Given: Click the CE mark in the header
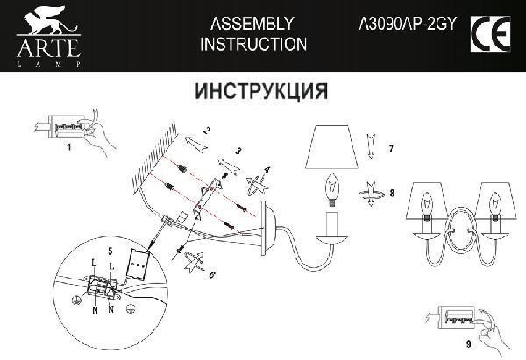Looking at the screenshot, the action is click(490, 33).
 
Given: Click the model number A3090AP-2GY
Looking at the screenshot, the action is click(408, 24).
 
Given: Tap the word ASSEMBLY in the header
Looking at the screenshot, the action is click(252, 24).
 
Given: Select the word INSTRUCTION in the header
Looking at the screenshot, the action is click(253, 45).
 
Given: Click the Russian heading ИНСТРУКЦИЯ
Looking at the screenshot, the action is click(261, 91).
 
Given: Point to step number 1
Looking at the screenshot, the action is click(69, 147).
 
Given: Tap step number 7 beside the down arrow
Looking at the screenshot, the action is click(391, 149).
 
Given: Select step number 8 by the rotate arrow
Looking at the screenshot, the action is click(392, 193).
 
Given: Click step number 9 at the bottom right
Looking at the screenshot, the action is click(469, 344).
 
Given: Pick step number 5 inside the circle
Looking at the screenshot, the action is click(110, 251).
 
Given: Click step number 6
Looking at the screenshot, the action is click(211, 274).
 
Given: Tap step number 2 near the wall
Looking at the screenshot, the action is click(207, 131).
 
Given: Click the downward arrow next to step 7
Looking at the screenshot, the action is click(371, 145).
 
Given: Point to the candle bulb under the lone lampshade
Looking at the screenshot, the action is click(332, 190).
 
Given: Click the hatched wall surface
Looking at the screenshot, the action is click(155, 159).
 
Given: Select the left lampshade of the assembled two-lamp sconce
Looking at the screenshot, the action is click(426, 201).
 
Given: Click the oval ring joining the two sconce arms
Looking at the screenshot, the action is click(460, 230).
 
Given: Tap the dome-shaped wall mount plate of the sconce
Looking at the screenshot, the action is click(269, 229).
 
